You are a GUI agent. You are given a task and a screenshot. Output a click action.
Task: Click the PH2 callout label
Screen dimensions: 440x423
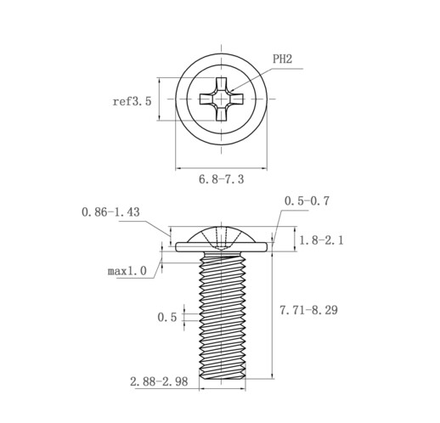tap(282, 59)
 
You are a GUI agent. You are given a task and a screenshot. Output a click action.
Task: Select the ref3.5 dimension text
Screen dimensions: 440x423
tap(132, 101)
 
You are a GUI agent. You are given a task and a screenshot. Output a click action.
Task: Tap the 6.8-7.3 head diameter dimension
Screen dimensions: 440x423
tap(221, 179)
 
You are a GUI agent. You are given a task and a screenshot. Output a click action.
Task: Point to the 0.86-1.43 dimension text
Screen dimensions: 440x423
tap(110, 211)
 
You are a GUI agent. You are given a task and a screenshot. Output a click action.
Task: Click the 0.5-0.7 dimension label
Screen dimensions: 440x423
tap(307, 200)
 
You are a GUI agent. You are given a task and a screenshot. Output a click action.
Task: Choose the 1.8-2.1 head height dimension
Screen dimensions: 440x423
tap(321, 240)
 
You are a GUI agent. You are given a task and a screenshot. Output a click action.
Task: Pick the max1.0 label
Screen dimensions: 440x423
tap(127, 271)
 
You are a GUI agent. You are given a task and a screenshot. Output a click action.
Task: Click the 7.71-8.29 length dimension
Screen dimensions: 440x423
tap(308, 310)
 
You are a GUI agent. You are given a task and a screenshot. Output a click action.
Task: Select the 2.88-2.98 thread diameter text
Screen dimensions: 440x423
tap(159, 381)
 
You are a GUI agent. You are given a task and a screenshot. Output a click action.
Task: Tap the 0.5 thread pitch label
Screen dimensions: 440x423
tap(167, 317)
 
